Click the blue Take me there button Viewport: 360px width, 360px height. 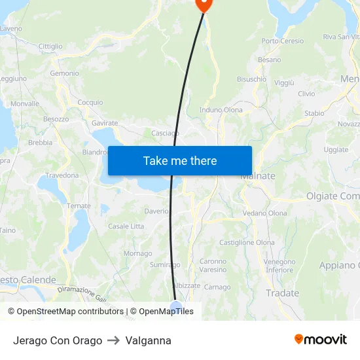pos(180,160)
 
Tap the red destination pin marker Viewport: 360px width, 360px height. pos(204,3)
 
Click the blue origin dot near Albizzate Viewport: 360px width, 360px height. pos(175,306)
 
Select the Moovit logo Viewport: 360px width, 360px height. pos(320,340)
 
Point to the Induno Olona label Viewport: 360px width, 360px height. pos(221,110)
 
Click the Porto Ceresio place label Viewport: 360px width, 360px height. pos(283,41)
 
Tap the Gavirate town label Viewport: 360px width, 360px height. pos(105,123)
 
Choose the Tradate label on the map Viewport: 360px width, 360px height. pos(282,293)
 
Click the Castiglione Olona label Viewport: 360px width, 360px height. pos(247,242)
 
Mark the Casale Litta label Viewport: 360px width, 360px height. pos(126,226)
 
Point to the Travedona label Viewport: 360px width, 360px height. pos(62,175)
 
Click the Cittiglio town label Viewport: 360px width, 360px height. pos(50,46)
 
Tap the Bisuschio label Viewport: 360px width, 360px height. pos(251,79)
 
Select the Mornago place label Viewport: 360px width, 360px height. pos(137,253)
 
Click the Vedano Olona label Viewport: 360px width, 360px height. pos(264,213)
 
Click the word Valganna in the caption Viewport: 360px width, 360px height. pos(149,340)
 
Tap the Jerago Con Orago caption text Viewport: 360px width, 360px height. pos(58,340)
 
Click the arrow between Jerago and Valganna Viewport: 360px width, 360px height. pos(114,340)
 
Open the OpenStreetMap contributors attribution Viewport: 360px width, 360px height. pos(67,312)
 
